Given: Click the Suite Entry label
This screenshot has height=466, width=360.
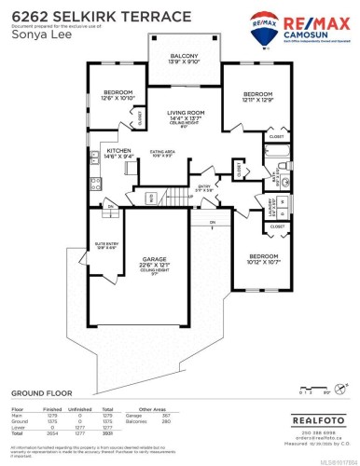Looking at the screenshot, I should pos(104,220).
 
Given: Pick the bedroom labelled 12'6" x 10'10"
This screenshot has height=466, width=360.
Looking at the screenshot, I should pos(118,94).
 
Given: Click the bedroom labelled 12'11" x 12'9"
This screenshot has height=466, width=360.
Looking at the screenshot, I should pos(258,97).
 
